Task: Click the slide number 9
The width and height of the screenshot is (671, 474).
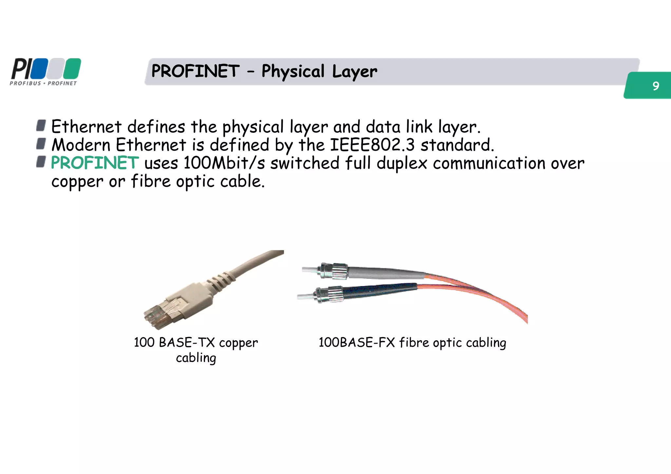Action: (655, 86)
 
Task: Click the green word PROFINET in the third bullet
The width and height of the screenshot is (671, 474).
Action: (95, 163)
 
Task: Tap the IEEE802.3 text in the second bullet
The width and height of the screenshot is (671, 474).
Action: (372, 145)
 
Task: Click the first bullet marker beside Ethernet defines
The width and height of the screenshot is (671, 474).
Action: (41, 125)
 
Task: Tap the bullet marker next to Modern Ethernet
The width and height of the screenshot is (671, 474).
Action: (41, 143)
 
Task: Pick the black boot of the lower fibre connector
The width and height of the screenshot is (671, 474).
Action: (380, 290)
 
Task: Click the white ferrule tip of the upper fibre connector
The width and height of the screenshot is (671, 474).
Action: (310, 270)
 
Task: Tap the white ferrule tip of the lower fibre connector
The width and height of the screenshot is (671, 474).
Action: (305, 297)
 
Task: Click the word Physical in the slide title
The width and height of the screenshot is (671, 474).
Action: (293, 71)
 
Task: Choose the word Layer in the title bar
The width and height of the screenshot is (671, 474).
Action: (355, 71)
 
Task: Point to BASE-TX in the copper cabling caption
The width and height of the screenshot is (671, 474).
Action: (187, 343)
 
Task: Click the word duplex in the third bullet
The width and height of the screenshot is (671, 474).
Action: (402, 163)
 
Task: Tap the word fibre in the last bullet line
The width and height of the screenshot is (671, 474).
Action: (151, 181)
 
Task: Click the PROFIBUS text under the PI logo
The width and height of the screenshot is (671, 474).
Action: (25, 84)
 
